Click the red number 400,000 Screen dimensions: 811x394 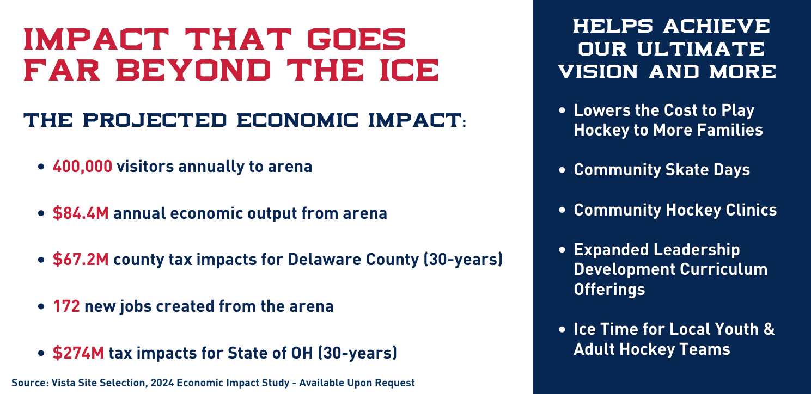pos(82,167)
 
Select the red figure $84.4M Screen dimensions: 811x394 pos(81,213)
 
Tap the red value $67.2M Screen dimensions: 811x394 pos(81,260)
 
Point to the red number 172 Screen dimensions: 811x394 pos(66,306)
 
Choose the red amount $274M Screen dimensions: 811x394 pos(78,353)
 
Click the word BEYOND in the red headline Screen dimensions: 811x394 pos(194,70)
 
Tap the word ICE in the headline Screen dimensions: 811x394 pos(410,70)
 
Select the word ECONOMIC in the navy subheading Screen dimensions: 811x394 pos(297,120)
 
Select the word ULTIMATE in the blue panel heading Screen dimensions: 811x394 pos(700,49)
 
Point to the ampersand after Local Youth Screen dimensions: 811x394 pos(769,329)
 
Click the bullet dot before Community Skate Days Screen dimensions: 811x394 pos(562,170)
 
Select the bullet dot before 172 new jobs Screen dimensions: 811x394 pos(41,306)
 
